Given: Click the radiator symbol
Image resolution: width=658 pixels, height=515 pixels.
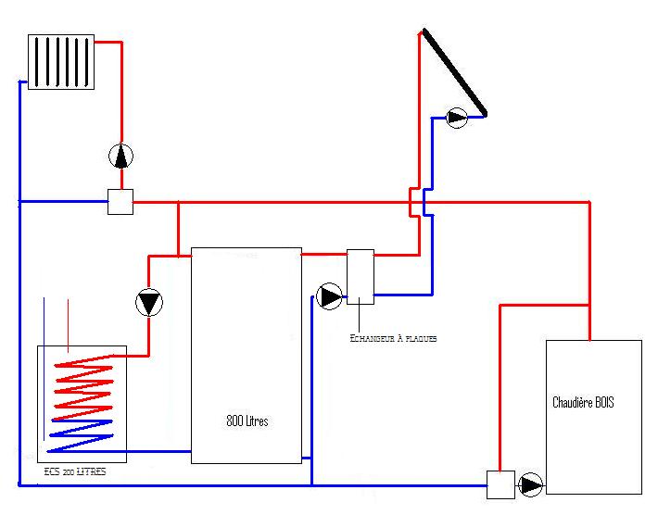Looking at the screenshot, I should [61, 62].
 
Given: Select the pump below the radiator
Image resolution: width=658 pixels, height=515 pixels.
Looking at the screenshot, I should [120, 157].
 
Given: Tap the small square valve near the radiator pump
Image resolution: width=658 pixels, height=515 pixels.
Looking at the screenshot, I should [120, 202].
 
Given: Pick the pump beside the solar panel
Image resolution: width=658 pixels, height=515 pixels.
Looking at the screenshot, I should [457, 118].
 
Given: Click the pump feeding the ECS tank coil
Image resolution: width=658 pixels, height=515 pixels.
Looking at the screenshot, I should [148, 303].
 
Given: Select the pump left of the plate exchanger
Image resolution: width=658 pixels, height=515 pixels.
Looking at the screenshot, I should [329, 296].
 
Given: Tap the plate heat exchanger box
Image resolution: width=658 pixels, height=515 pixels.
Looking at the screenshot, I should [361, 276].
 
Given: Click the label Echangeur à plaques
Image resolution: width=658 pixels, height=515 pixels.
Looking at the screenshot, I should [393, 339].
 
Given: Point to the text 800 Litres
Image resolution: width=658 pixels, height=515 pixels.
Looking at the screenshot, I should [247, 421].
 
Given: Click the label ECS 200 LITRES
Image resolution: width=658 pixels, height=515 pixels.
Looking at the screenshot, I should [74, 472].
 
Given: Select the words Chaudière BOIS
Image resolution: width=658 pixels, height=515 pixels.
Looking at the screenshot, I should [583, 403].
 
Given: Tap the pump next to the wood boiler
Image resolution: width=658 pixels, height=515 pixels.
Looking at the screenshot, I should [531, 484].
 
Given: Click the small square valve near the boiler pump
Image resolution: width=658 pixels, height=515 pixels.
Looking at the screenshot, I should [500, 484].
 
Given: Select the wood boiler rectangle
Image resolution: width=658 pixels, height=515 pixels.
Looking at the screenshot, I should [594, 417].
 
